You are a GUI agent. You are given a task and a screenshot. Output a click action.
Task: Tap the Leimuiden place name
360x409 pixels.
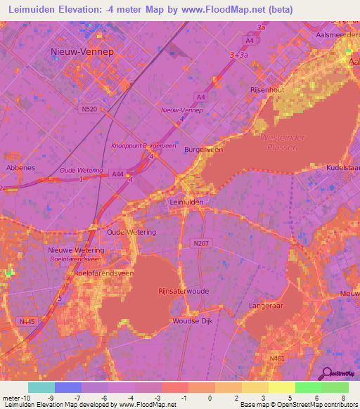tap(187, 201)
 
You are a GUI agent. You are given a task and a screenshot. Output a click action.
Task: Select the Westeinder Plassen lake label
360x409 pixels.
tap(278, 143)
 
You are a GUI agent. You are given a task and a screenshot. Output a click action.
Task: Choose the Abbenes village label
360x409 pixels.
tap(20, 168)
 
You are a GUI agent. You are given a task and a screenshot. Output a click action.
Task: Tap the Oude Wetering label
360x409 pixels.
tap(131, 231)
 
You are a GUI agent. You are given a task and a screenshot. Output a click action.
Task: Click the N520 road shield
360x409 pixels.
tap(89, 109)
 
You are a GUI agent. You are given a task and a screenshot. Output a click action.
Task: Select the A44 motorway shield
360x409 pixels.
tap(118, 174)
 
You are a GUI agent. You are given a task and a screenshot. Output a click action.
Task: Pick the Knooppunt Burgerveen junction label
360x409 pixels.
tap(143, 145)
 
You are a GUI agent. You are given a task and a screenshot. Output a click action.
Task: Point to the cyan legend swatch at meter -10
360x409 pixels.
tap(41, 387)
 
